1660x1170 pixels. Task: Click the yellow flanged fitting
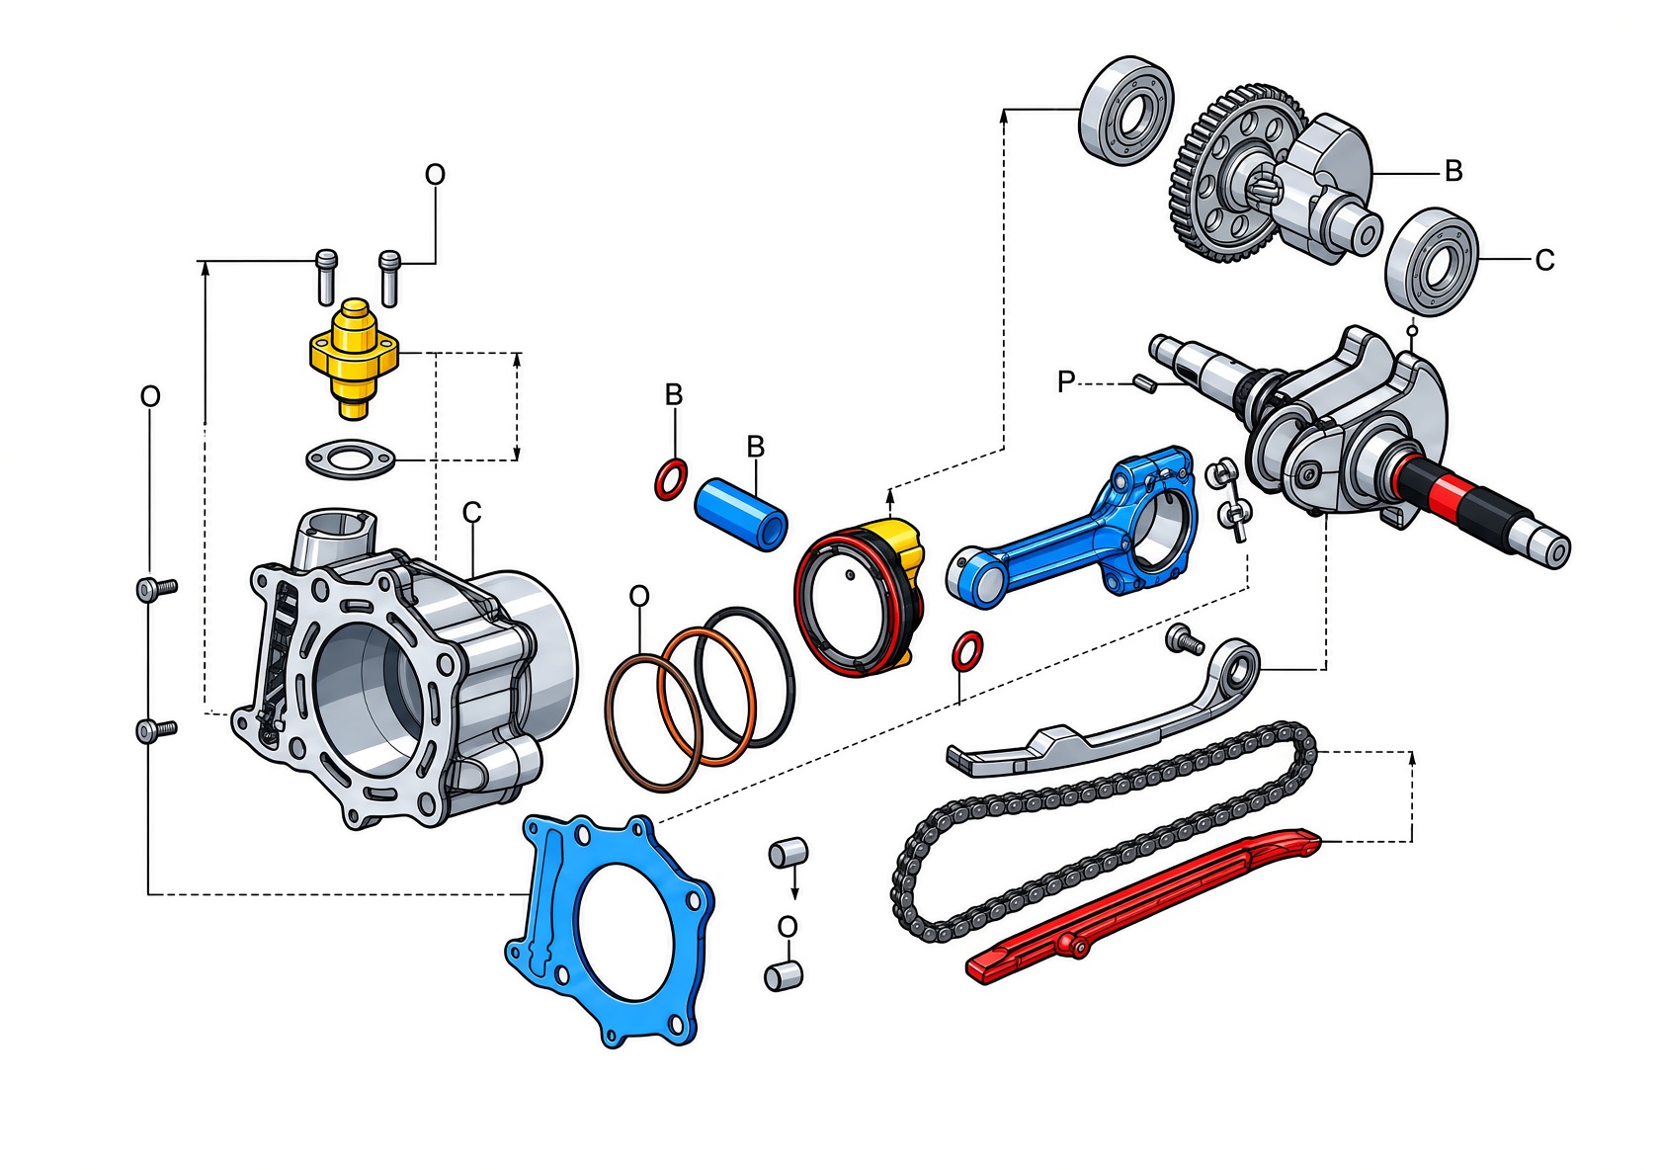tap(354, 357)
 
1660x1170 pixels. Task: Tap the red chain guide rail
tap(1141, 906)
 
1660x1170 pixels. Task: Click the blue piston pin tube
tap(740, 514)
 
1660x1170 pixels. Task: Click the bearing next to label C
tap(1432, 262)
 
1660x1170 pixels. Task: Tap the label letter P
tap(1065, 381)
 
